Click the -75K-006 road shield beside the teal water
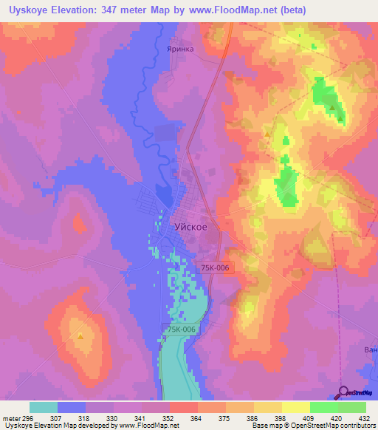[180, 330]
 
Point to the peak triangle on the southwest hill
[80, 336]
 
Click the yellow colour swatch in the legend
[295, 407]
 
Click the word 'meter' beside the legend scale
[13, 417]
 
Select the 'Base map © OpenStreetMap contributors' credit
[315, 426]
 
